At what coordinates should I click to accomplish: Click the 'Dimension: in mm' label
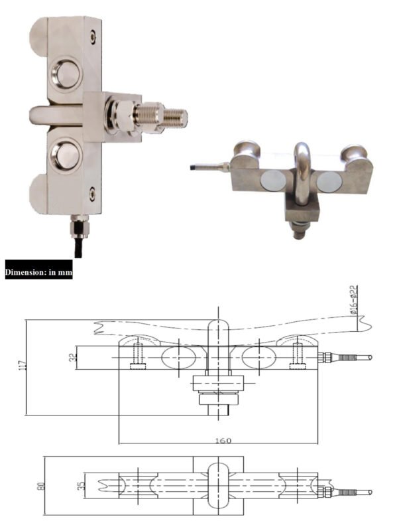point(38,271)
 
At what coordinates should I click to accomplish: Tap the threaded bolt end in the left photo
point(174,117)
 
